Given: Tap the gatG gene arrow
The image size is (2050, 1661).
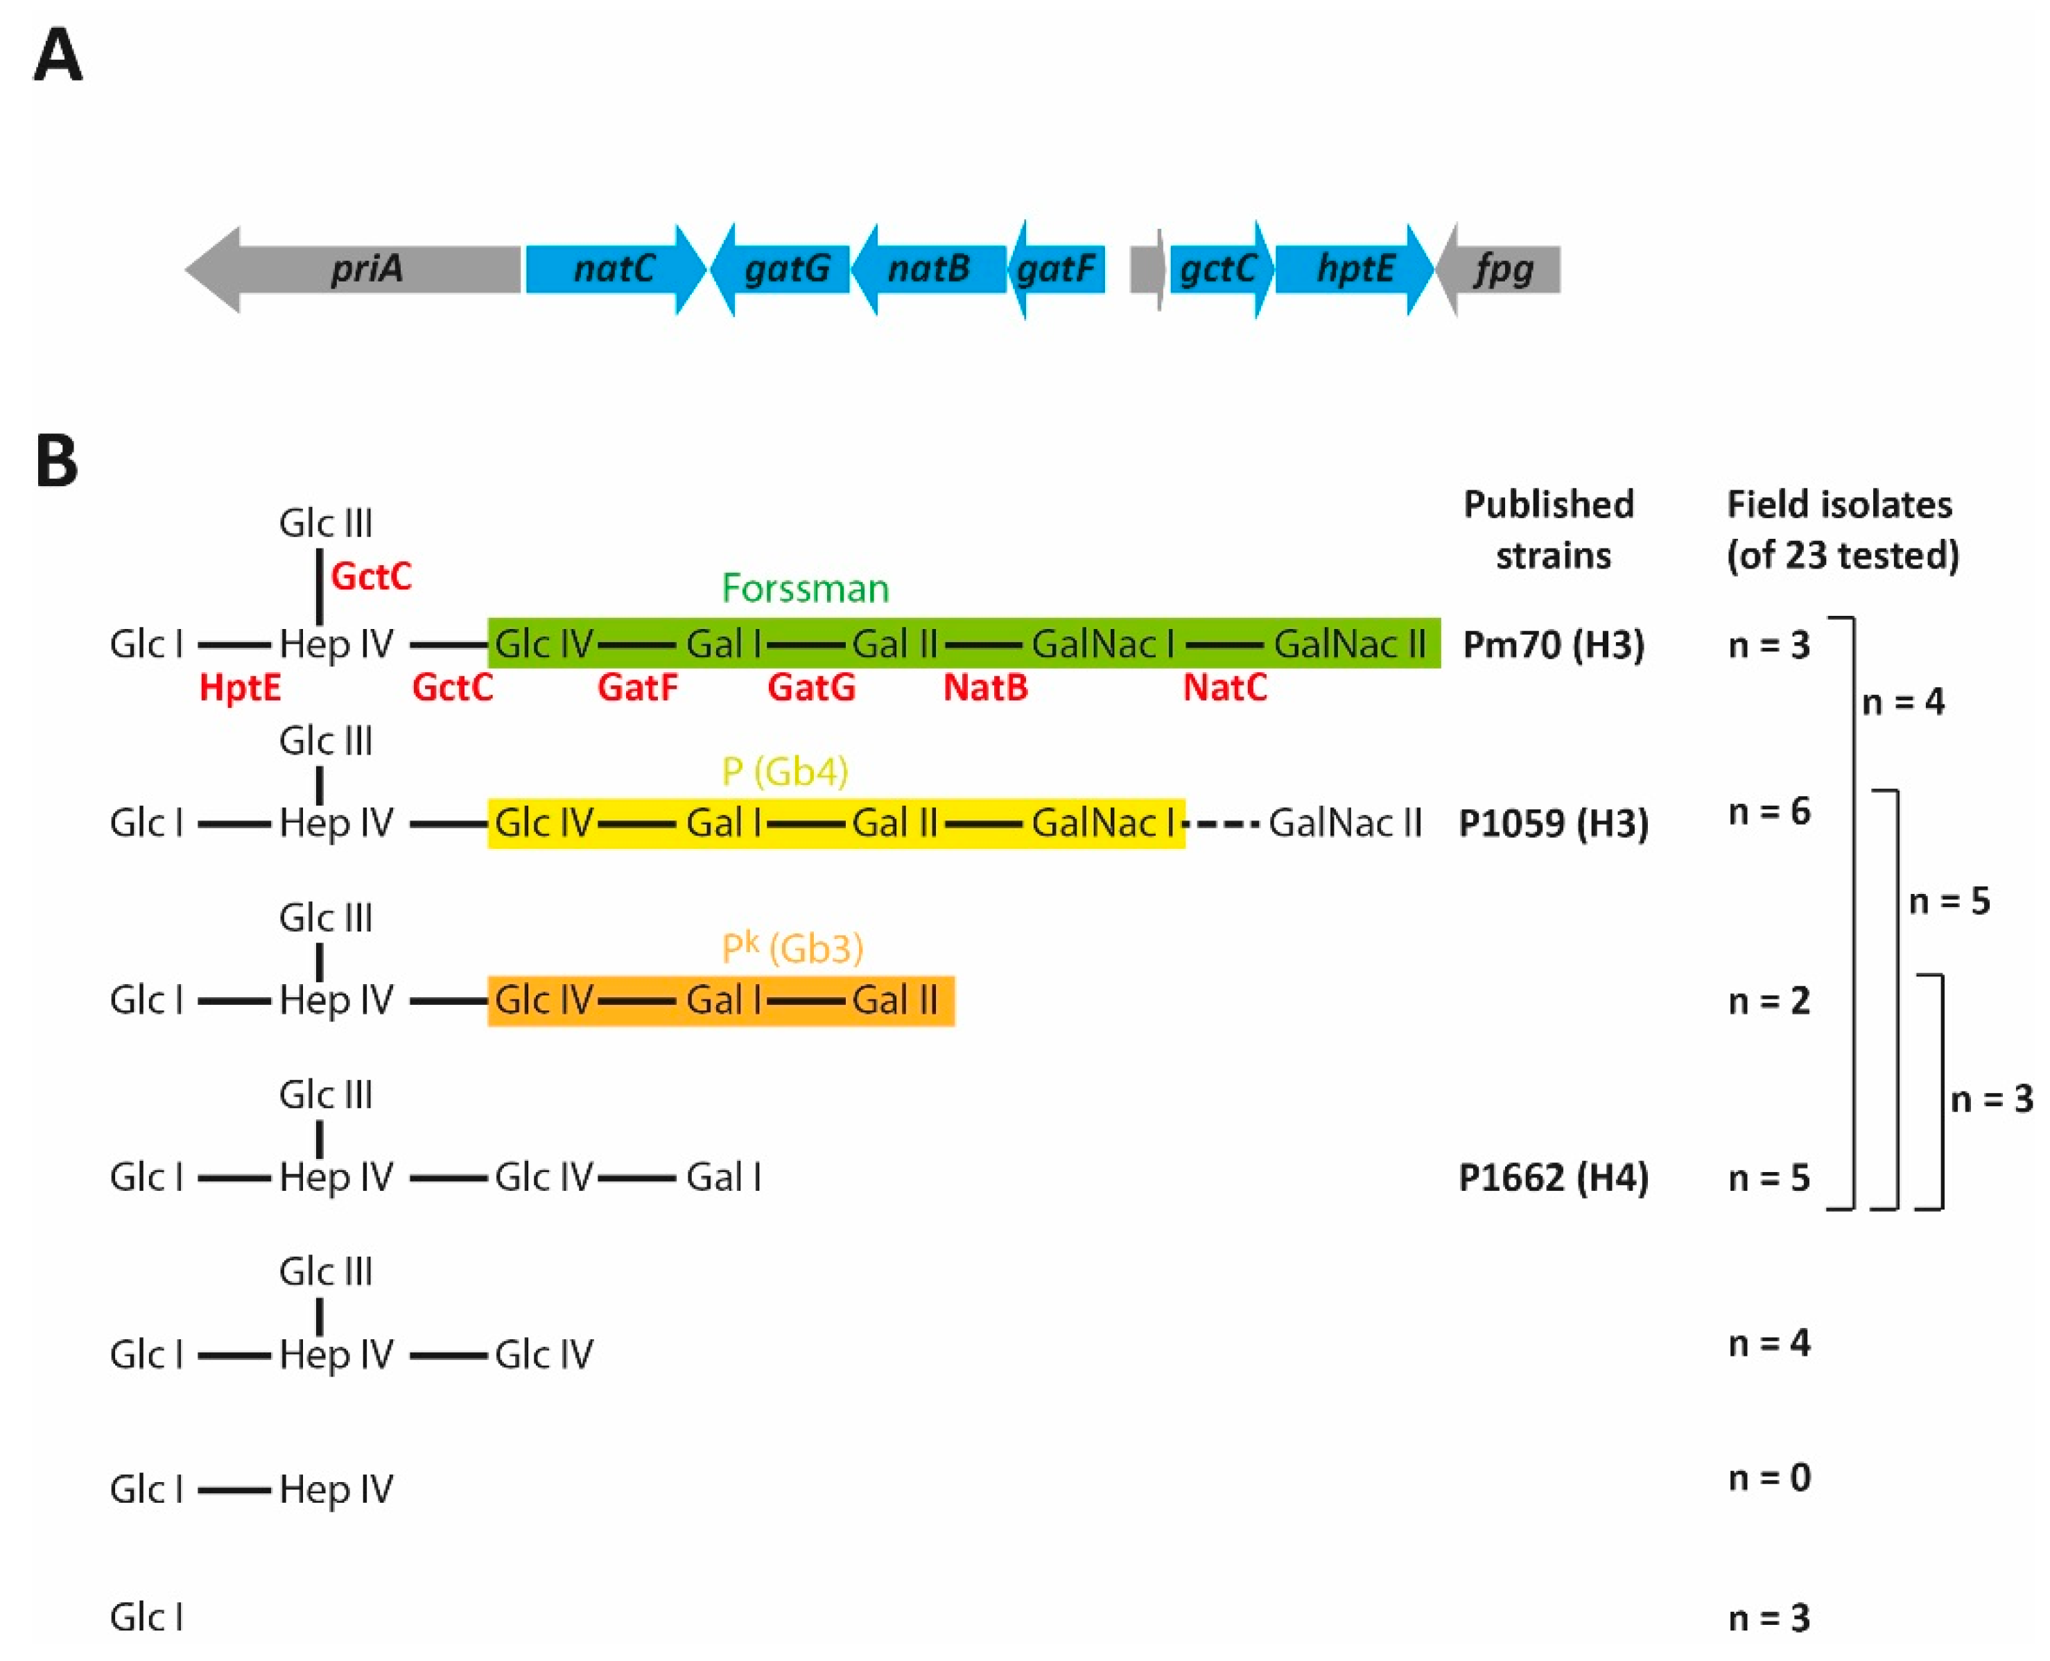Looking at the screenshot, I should [784, 269].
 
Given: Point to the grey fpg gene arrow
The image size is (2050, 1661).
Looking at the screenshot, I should [1502, 269].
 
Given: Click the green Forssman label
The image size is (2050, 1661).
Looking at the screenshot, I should [804, 587].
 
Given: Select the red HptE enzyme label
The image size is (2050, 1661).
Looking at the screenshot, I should [239, 687].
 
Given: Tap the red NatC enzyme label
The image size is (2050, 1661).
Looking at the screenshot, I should [1224, 687].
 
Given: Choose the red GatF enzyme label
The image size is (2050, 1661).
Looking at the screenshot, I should [637, 687].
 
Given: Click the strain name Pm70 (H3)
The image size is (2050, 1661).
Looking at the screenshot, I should [1552, 644].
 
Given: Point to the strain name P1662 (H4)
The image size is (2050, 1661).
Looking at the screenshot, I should [1552, 1177].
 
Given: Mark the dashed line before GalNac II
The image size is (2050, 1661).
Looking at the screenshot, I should [1224, 823].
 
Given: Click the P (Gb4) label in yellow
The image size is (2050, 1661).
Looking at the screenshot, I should [784, 771].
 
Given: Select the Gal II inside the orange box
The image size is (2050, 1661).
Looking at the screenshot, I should [894, 1000].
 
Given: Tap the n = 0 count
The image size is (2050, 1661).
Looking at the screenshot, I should [1769, 1477].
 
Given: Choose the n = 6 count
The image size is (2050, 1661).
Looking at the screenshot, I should [1769, 811].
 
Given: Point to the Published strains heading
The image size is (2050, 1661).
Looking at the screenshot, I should [1549, 529].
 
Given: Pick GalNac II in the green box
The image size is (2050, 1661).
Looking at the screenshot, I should [1349, 644].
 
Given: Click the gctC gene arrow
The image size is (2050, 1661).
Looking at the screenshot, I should [1217, 269].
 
